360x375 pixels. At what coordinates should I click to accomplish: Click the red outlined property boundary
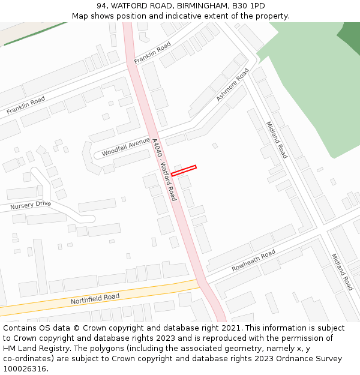point(184,170)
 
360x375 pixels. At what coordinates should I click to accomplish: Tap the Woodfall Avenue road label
point(125,147)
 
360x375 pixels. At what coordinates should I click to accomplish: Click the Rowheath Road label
point(253,260)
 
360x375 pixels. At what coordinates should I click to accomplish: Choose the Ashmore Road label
point(232,84)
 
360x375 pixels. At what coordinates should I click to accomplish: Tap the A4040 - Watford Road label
point(164,170)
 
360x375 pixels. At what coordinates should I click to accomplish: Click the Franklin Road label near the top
point(152,53)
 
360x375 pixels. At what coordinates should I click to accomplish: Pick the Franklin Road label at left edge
point(26,106)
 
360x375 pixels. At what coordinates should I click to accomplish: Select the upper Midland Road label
point(277,140)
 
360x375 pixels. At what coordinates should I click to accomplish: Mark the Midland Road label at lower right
point(342,271)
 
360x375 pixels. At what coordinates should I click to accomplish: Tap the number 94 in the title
point(101,6)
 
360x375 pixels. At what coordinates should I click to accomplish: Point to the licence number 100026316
point(24,368)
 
